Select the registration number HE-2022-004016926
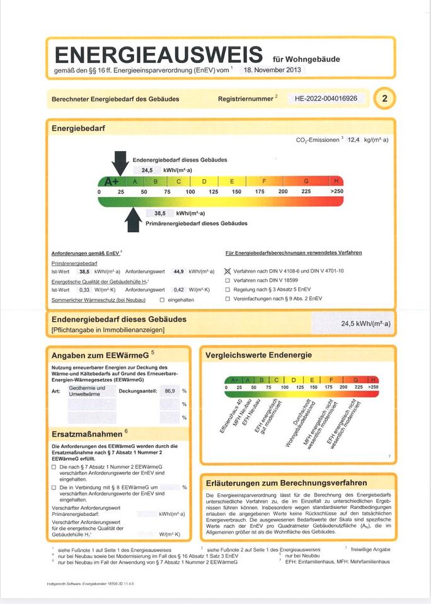point(326,99)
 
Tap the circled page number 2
point(385,99)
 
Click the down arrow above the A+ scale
point(120,162)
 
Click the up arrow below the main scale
point(134,220)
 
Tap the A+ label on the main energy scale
point(112,181)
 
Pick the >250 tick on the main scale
point(337,191)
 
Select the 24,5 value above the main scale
point(147,171)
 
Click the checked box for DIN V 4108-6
point(227,271)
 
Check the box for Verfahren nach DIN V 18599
point(227,280)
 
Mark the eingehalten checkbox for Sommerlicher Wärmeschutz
point(162,299)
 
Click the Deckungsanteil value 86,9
point(170,391)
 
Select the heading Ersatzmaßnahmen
point(86,434)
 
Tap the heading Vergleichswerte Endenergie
point(258,355)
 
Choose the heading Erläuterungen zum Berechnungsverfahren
point(287,483)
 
